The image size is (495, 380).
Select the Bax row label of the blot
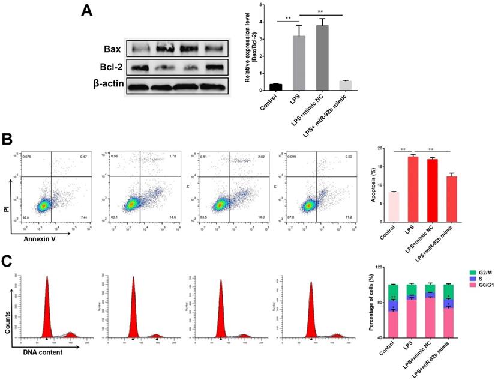coord(114,48)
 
